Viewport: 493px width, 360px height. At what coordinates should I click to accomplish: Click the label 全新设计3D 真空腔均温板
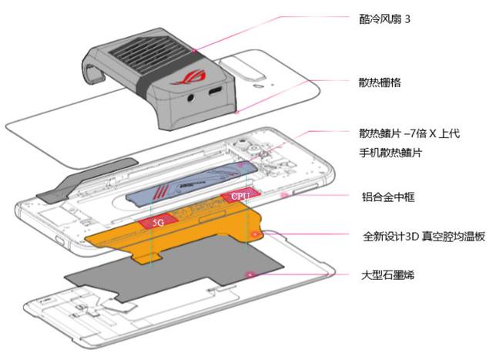point(424,235)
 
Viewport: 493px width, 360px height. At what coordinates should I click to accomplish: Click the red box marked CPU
point(241,198)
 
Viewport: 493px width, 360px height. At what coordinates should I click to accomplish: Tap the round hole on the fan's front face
point(189,99)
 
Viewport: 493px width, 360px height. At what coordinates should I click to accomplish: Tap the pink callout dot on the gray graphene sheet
point(248,274)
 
